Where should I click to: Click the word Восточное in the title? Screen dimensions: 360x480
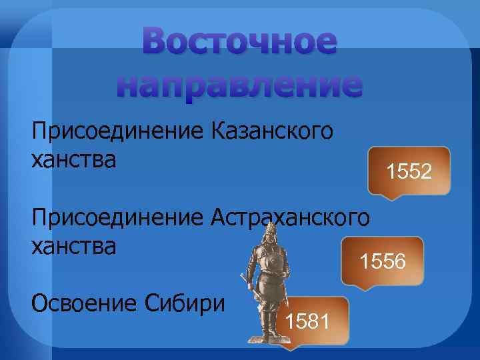pos(240,45)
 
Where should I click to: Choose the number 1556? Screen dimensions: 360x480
pos(383,261)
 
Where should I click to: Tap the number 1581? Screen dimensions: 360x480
pos(307,323)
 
